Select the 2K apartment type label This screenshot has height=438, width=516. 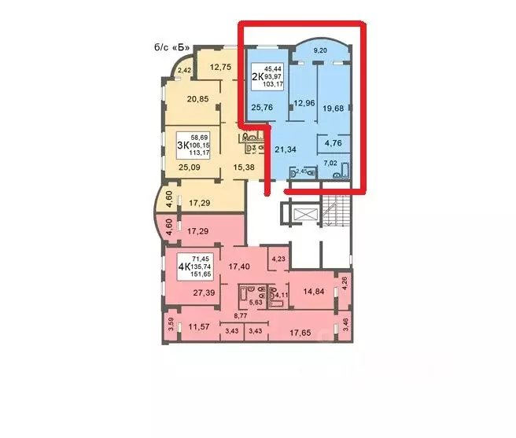(x=257, y=75)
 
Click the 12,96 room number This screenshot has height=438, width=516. (x=304, y=102)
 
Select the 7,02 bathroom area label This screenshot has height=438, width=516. (x=332, y=163)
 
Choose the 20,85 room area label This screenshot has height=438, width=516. (x=197, y=99)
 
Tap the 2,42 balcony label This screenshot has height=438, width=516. (x=184, y=72)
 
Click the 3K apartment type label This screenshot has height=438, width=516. (x=182, y=144)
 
